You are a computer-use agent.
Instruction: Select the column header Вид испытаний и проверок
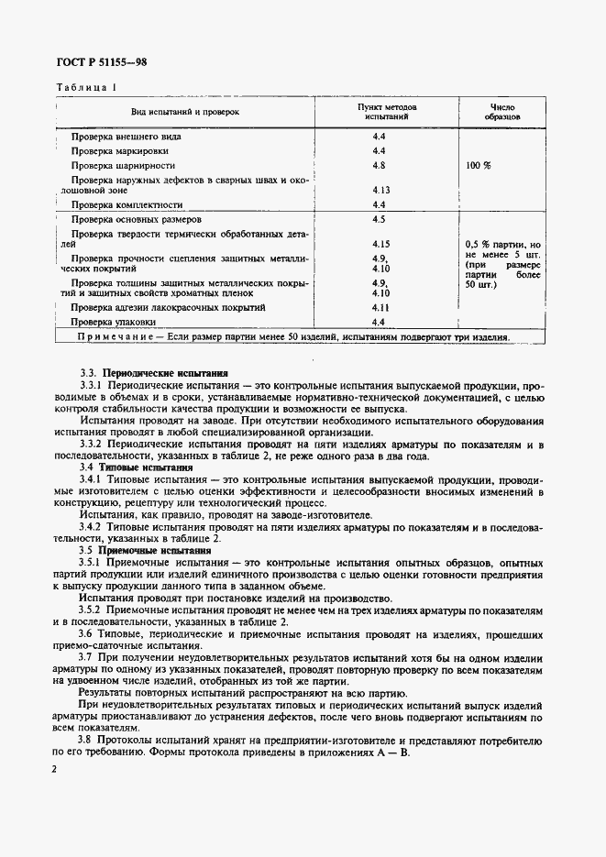(x=185, y=112)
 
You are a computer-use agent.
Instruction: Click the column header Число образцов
(x=503, y=112)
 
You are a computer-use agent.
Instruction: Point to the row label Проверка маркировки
(x=119, y=149)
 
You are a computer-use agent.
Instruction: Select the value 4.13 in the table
(x=381, y=190)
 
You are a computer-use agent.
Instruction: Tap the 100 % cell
(x=479, y=166)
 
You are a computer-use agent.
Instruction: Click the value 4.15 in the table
(x=381, y=245)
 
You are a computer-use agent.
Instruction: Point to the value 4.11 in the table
(x=381, y=308)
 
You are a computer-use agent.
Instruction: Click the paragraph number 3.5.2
(x=94, y=609)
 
